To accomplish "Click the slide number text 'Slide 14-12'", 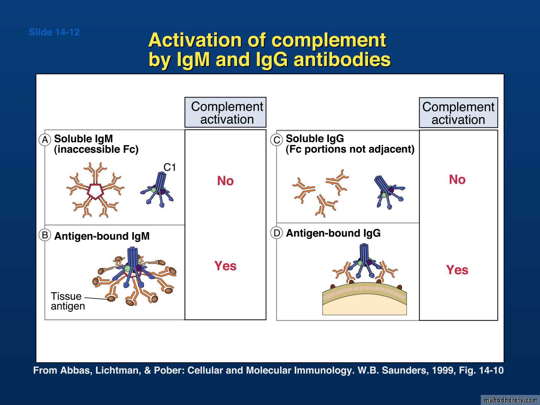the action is (x=54, y=32).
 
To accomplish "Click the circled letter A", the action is (x=45, y=139).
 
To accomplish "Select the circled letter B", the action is (x=45, y=235).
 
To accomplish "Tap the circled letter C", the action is (x=276, y=140).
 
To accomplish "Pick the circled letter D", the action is (x=276, y=233).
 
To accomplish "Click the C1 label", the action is (x=170, y=168).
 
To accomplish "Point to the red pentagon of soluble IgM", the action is (x=96, y=191).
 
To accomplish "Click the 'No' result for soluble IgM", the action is (x=225, y=181).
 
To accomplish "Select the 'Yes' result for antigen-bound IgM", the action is (x=225, y=266).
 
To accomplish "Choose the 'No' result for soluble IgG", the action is (x=457, y=179).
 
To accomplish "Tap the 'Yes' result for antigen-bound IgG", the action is (x=457, y=270).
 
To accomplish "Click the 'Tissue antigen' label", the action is (x=68, y=301).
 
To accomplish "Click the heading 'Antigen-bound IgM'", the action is (x=102, y=236).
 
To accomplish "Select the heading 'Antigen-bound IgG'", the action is (x=333, y=233).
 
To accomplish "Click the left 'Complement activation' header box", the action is (x=225, y=112).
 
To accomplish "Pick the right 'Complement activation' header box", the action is (x=459, y=112).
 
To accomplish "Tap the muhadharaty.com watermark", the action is (x=510, y=400).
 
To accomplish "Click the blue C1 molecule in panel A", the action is (x=158, y=190).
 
